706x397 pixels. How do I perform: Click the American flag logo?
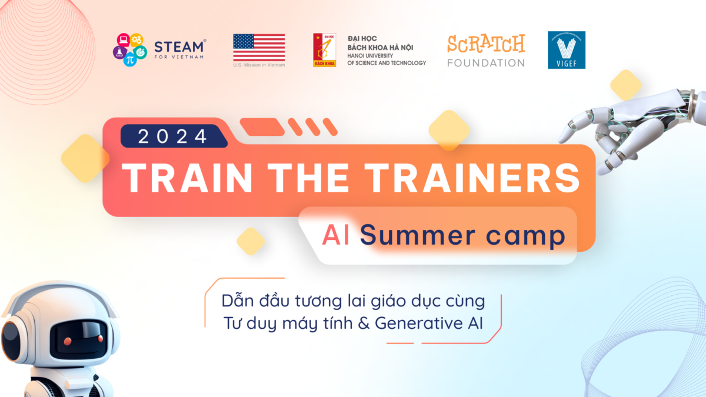pyautogui.click(x=259, y=48)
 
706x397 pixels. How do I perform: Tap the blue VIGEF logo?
pyautogui.click(x=567, y=50)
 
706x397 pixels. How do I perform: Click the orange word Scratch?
pyautogui.click(x=486, y=44)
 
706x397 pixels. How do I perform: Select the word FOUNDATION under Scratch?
pyautogui.click(x=486, y=63)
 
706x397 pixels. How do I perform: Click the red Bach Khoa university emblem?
pyautogui.click(x=324, y=50)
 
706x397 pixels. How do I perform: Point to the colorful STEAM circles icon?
pyautogui.click(x=130, y=49)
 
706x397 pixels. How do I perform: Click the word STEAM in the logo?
pyautogui.click(x=179, y=46)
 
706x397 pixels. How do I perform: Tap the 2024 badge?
pyautogui.click(x=174, y=136)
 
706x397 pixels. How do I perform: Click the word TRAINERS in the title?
pyautogui.click(x=472, y=178)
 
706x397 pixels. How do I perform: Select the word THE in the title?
pyautogui.click(x=308, y=178)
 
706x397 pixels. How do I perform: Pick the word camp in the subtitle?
pyautogui.click(x=526, y=236)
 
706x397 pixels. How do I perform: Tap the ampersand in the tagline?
pyautogui.click(x=364, y=323)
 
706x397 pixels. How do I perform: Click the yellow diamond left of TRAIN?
pyautogui.click(x=85, y=158)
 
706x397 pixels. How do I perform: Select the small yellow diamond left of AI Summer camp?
pyautogui.click(x=251, y=241)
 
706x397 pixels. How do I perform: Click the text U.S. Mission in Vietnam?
pyautogui.click(x=259, y=65)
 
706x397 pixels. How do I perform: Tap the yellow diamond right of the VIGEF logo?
pyautogui.click(x=625, y=85)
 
